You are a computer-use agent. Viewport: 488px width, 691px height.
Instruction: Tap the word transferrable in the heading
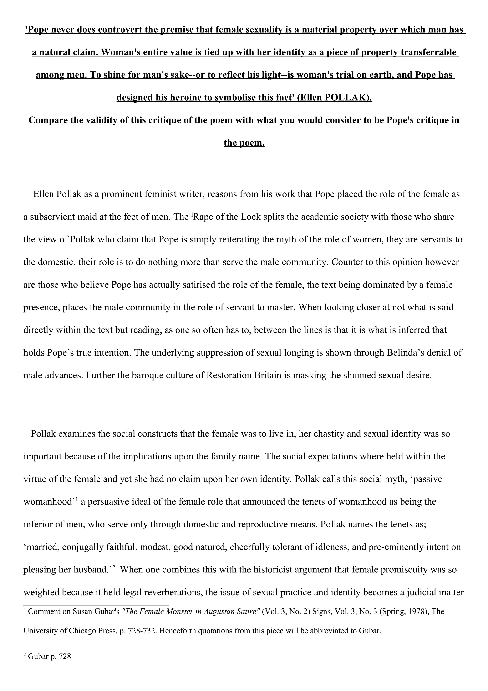(x=429, y=52)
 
